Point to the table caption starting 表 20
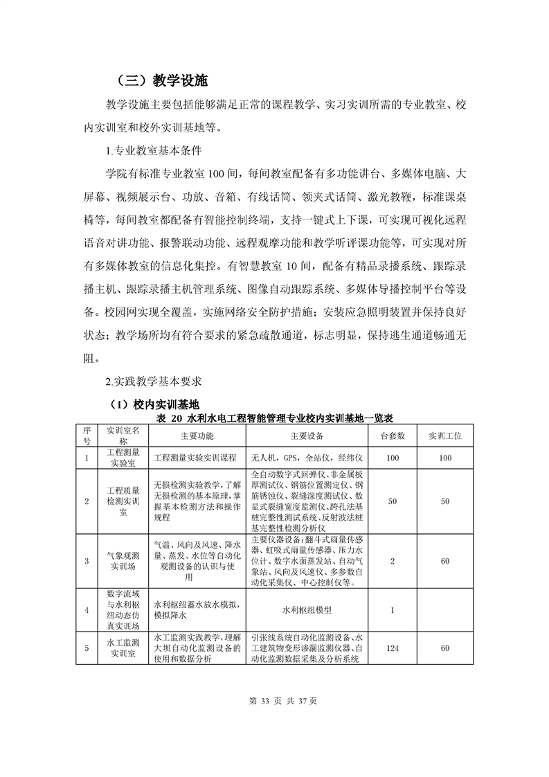pyautogui.click(x=276, y=418)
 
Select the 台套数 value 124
pyautogui.click(x=392, y=647)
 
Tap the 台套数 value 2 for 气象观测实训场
pyautogui.click(x=392, y=561)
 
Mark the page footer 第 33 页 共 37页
pyautogui.click(x=276, y=701)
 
